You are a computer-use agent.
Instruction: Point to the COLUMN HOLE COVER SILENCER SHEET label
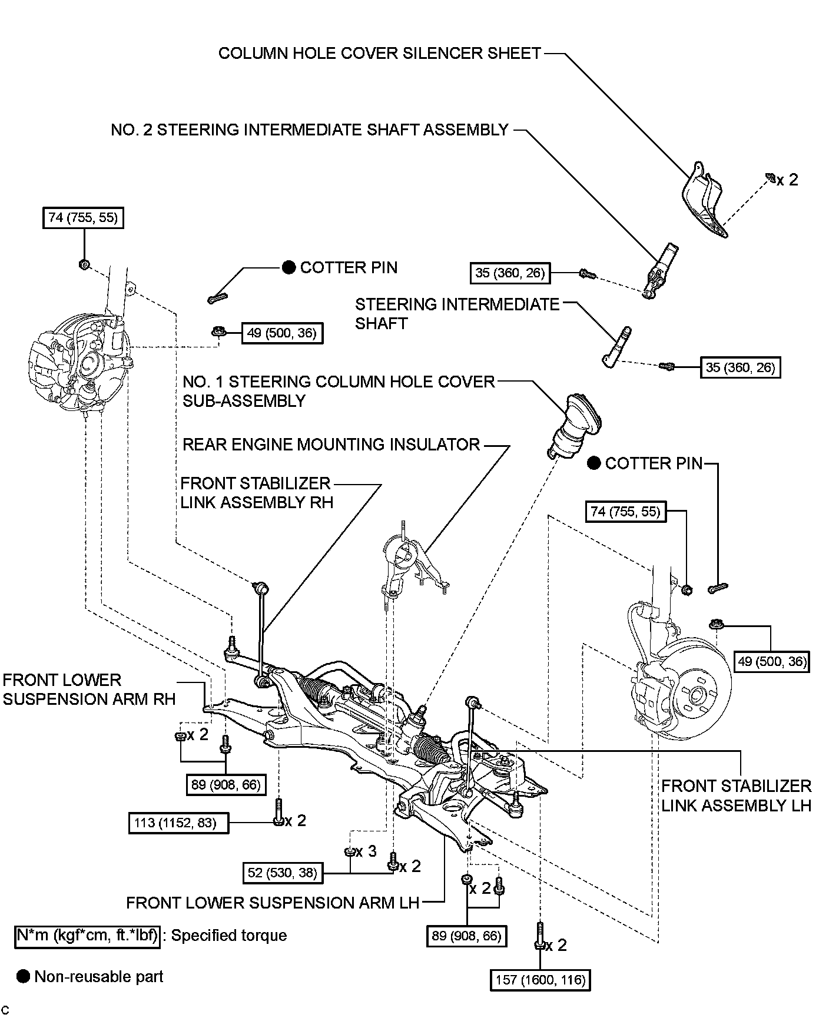click(x=379, y=54)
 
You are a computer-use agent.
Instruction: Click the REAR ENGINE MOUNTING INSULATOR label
click(x=331, y=445)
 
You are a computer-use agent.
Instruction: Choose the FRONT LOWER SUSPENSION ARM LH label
click(x=272, y=903)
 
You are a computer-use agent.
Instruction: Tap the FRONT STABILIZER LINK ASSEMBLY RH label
click(x=257, y=493)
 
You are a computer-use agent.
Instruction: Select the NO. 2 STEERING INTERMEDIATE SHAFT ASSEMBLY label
click(x=309, y=130)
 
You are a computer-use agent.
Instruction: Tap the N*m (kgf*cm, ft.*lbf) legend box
click(x=87, y=936)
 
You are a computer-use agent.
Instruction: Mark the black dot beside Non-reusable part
click(x=23, y=976)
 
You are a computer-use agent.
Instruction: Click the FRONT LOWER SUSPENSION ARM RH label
click(x=89, y=689)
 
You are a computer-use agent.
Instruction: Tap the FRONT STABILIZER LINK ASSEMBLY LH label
click(x=736, y=795)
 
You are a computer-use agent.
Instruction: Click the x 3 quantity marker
click(x=366, y=852)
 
